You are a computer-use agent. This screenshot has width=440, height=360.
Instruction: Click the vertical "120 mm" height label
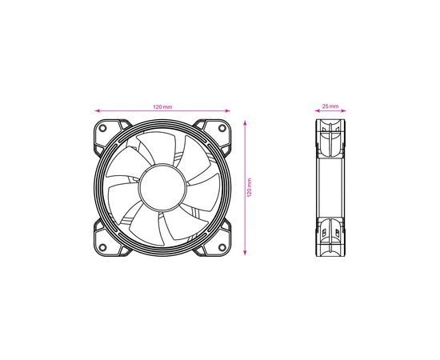(250, 188)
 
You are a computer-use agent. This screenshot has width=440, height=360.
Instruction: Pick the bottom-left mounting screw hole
(104, 247)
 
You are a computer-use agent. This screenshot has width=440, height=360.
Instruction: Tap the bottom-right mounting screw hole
(221, 247)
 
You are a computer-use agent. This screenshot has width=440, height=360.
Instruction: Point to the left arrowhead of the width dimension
(96, 111)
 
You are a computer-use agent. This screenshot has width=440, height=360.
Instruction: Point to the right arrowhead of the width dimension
(230, 111)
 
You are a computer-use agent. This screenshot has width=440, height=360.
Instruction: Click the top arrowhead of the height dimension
(244, 122)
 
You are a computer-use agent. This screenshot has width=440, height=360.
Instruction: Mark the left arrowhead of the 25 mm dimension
(317, 111)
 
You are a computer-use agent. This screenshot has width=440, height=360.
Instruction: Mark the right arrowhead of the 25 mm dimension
(343, 111)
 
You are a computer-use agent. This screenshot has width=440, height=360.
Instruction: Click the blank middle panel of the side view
(330, 189)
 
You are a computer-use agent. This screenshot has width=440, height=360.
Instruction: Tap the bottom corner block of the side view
(330, 240)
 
